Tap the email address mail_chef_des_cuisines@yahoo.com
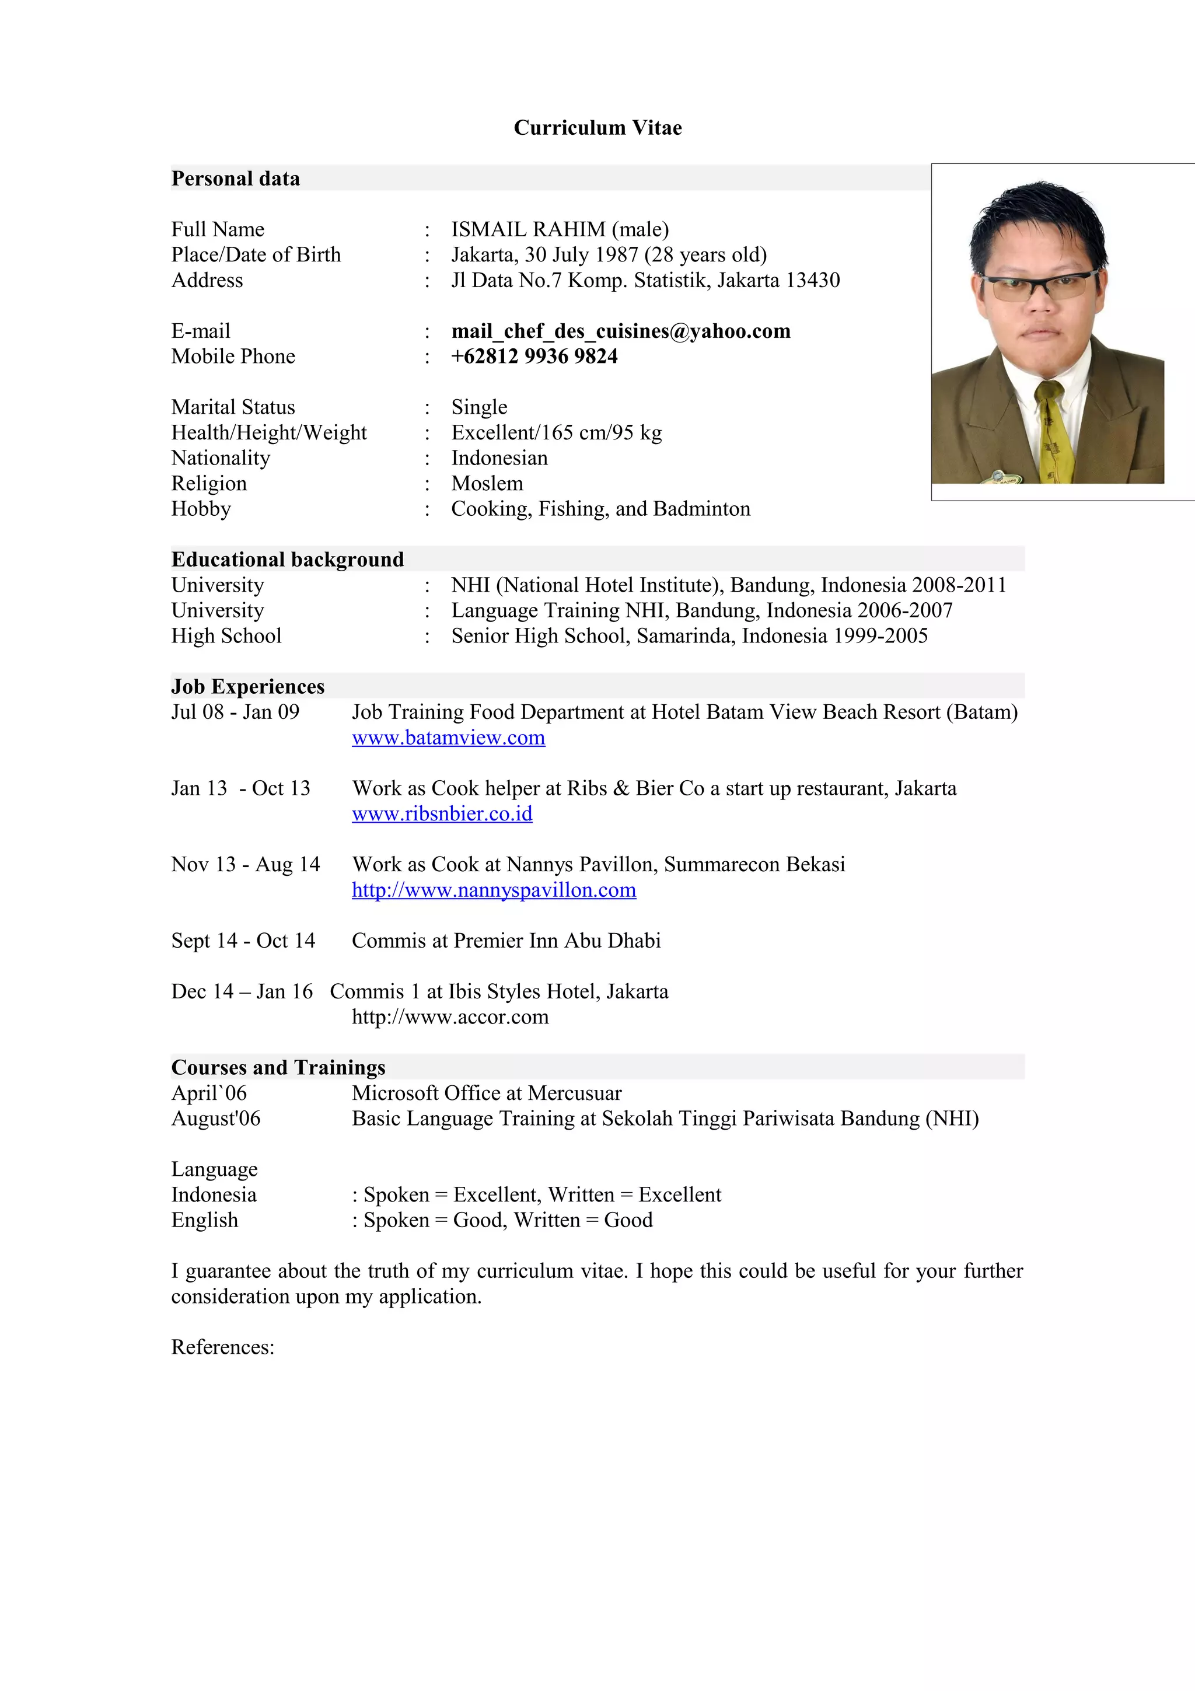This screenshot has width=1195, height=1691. click(621, 331)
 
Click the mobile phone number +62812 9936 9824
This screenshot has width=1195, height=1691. click(534, 357)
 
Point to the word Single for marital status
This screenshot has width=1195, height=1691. click(479, 407)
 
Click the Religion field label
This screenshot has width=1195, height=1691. click(209, 483)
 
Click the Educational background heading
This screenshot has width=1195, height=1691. click(287, 559)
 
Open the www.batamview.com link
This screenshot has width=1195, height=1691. click(448, 738)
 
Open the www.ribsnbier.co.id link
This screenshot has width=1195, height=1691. click(442, 814)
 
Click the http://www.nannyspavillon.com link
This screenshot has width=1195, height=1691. click(493, 890)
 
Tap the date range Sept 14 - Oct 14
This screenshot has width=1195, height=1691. click(243, 941)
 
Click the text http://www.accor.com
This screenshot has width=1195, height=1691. click(450, 1017)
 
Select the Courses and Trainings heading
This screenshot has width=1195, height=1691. click(278, 1067)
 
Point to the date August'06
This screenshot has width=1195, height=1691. click(216, 1119)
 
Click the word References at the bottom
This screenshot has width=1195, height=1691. click(222, 1347)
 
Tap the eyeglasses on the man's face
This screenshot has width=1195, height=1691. click(1039, 284)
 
